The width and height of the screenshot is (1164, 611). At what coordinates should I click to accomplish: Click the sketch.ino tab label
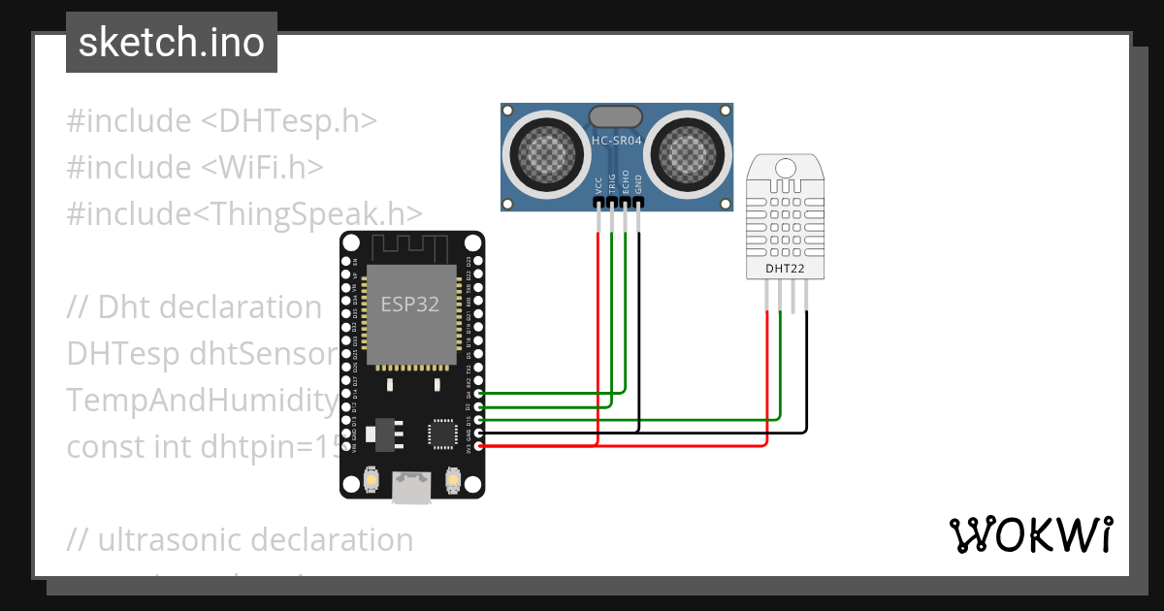pos(171,43)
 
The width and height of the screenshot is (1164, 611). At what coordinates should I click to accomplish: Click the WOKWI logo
pos(1030,535)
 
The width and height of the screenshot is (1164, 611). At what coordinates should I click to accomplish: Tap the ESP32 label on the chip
pos(409,304)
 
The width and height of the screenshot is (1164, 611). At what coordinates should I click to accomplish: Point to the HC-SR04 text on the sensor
pos(617,142)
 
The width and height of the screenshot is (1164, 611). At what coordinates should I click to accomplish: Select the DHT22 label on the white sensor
pos(784,269)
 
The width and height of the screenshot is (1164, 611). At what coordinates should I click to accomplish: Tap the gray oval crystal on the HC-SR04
pos(616,116)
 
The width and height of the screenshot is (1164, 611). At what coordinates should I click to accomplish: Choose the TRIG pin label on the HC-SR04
pos(612,185)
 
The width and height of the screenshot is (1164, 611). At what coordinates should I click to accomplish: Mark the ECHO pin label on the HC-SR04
pos(626,185)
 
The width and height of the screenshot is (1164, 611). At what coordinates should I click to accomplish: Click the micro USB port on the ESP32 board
pos(411,488)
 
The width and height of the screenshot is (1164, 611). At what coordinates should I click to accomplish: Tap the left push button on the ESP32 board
pos(371,479)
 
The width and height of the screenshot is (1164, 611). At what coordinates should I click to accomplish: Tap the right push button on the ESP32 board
pos(452,479)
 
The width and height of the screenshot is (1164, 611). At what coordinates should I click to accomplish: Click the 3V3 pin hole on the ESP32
pos(476,446)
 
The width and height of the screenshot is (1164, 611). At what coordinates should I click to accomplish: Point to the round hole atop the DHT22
pos(784,171)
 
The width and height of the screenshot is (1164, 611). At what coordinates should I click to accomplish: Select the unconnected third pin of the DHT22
pos(792,296)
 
